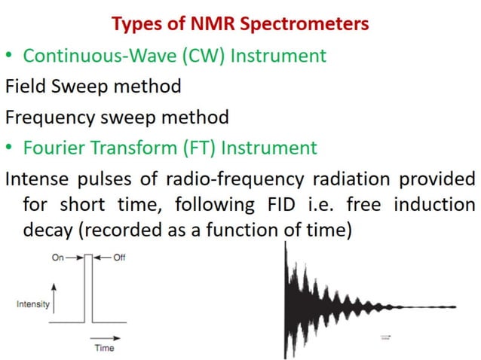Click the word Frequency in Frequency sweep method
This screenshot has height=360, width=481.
tap(51, 117)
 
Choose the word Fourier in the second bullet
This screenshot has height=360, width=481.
tap(52, 148)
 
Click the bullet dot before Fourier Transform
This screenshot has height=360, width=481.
tap(10, 148)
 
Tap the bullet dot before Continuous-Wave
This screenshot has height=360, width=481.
tap(10, 56)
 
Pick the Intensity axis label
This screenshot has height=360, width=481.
tap(32, 304)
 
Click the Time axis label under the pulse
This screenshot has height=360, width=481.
tap(104, 349)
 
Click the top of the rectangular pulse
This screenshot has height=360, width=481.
tap(88, 256)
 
